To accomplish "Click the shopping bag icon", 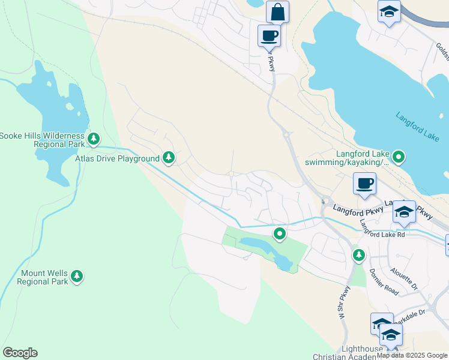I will (277, 11).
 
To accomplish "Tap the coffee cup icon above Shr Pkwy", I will (269, 35).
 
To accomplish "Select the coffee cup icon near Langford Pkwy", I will (364, 183).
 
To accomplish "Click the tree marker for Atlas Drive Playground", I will (169, 158).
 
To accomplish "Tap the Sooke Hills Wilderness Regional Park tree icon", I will (93, 139).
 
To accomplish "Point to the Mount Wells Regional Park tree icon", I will (76, 276).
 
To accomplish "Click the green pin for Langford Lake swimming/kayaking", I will (399, 158).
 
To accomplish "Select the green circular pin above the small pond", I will (279, 233).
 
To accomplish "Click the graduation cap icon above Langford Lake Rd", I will (404, 212).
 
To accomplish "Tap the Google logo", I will (20, 353).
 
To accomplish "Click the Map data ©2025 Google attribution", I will (412, 355).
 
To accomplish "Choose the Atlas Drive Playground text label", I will (117, 158).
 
